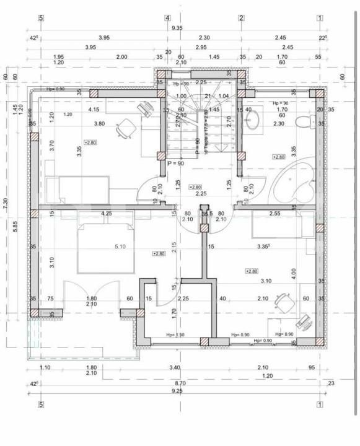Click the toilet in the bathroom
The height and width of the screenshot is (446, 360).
[x=304, y=121]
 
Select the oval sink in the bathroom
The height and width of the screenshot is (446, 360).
[x=252, y=120]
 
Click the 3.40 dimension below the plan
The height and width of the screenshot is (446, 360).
[x=175, y=367]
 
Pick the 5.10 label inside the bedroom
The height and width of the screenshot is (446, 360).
[x=120, y=247]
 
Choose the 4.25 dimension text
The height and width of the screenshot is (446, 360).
[x=106, y=214]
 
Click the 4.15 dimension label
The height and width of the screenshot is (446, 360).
[x=94, y=110]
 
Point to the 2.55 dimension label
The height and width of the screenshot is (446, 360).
[x=275, y=214]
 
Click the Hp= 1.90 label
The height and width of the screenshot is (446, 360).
[x=175, y=335]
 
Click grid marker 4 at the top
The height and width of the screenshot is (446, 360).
[x=167, y=17]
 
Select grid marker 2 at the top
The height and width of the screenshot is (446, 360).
[x=241, y=17]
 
